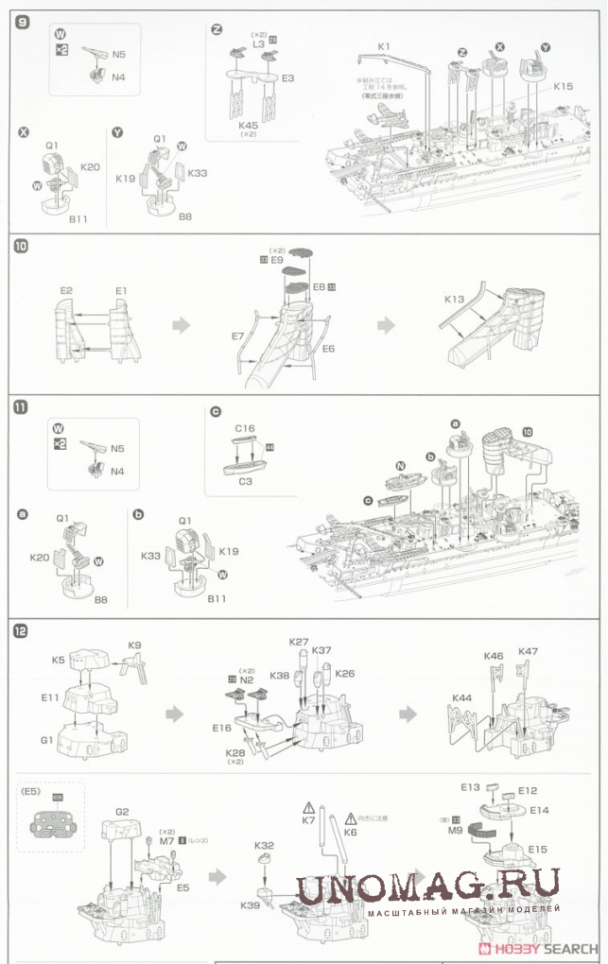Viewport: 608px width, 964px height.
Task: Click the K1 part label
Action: coord(383,46)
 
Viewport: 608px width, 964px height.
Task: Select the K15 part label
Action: coord(564,86)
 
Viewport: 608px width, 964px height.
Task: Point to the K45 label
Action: coord(249,125)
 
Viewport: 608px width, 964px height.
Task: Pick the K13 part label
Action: coord(455,299)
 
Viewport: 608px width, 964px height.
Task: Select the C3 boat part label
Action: coord(244,482)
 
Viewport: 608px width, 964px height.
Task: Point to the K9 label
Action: coord(134,646)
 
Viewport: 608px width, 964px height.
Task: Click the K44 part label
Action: coord(462,698)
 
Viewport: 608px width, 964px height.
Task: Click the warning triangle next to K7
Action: coord(308,808)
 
